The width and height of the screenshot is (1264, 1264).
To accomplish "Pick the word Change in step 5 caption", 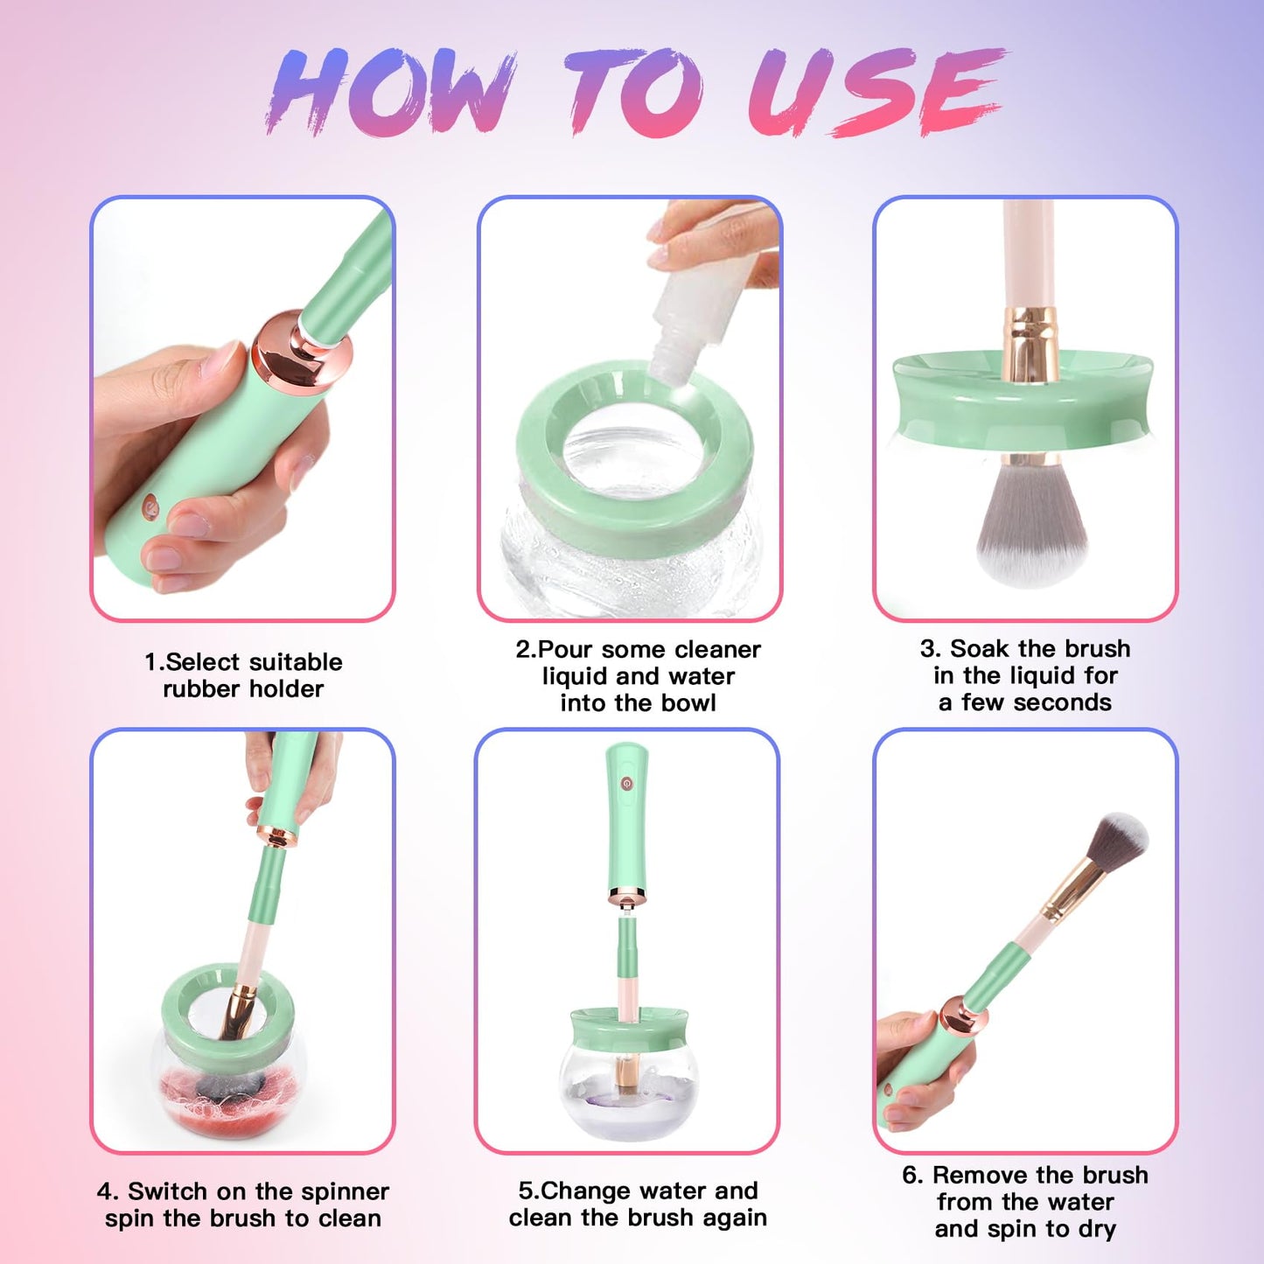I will [x=588, y=1191].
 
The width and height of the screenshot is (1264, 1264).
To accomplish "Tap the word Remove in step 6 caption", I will [x=979, y=1176].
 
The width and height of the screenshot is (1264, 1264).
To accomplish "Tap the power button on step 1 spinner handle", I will [x=150, y=505].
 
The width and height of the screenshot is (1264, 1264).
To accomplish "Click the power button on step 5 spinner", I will [x=626, y=784].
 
